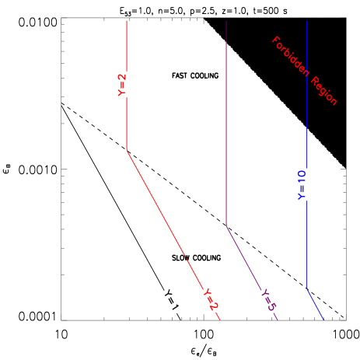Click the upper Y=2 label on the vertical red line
tap(122, 85)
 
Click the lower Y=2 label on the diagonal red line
tap(210, 299)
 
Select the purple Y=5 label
tap(268, 300)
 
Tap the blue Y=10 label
tap(302, 185)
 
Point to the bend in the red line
tap(127, 149)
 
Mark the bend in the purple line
tap(226, 225)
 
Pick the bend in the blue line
tap(307, 289)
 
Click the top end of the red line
tap(127, 21)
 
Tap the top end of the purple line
tap(226, 21)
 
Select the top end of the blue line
tap(307, 21)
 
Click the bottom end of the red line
tap(221, 320)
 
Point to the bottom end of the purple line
tap(278, 320)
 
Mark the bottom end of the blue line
tap(323, 319)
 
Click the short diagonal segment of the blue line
tap(315, 304)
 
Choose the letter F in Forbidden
tap(274, 40)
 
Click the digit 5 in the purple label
tap(271, 306)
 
